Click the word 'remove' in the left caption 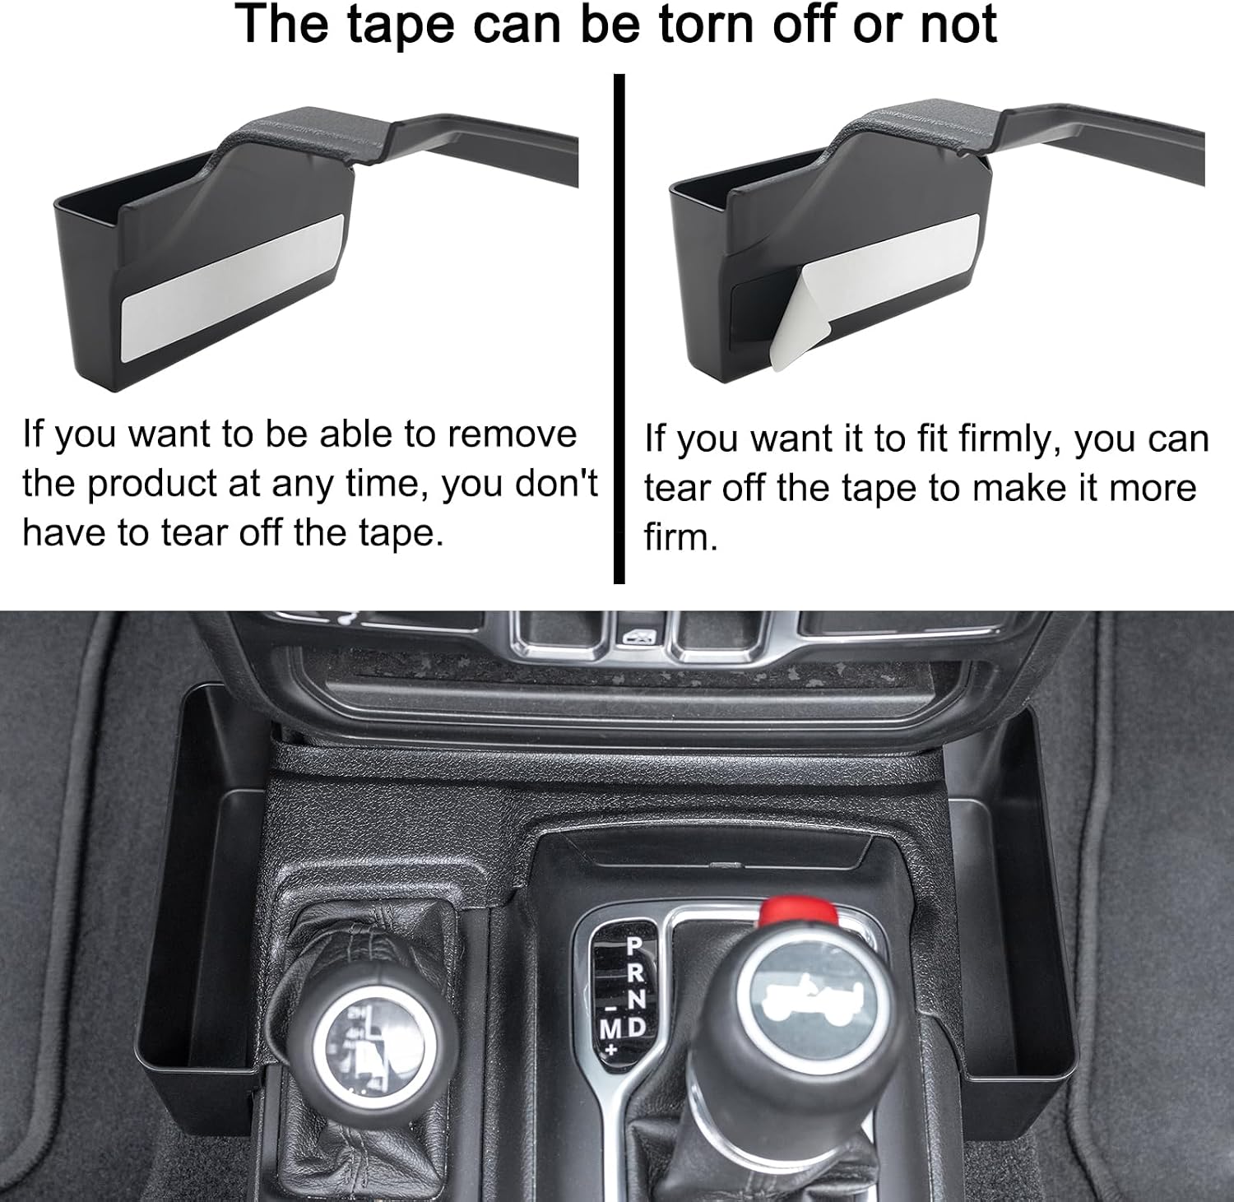click(x=512, y=434)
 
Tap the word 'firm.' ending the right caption click(x=681, y=537)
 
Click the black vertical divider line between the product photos click(x=619, y=328)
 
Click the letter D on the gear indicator click(x=638, y=1027)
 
